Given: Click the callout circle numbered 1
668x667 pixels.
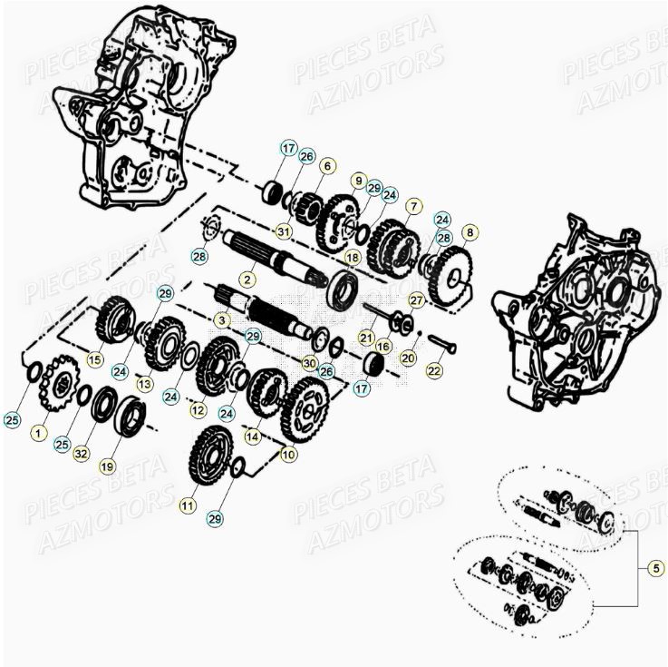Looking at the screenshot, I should click(37, 434).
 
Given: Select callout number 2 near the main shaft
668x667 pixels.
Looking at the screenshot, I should click(245, 280).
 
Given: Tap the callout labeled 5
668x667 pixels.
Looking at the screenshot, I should click(655, 569).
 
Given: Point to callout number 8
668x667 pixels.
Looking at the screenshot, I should click(468, 232).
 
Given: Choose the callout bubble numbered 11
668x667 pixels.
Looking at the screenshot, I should click(188, 505).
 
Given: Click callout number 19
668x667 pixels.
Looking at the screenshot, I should click(108, 466).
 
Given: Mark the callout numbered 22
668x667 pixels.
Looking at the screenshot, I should click(435, 370).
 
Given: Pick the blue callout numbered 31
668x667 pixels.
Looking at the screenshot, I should click(284, 231).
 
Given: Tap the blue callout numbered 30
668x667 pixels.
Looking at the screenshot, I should click(310, 363).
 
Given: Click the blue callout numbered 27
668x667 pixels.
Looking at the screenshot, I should click(416, 299).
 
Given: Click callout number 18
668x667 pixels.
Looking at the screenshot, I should click(352, 258).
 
